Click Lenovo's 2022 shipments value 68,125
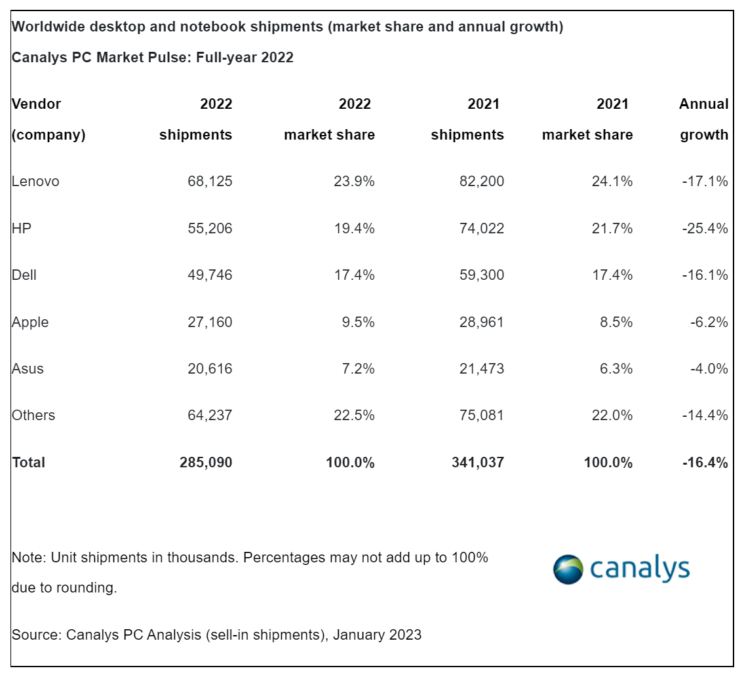210,182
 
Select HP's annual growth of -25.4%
705,229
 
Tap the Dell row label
24,275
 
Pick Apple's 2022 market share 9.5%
357,322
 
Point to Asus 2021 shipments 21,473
482,369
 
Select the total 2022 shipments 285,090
206,463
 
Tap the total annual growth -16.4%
705,463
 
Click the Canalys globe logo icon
568,570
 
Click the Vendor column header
37,104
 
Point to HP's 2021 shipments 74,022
482,229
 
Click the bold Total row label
29,463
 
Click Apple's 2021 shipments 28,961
482,322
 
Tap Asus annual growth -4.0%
709,369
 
